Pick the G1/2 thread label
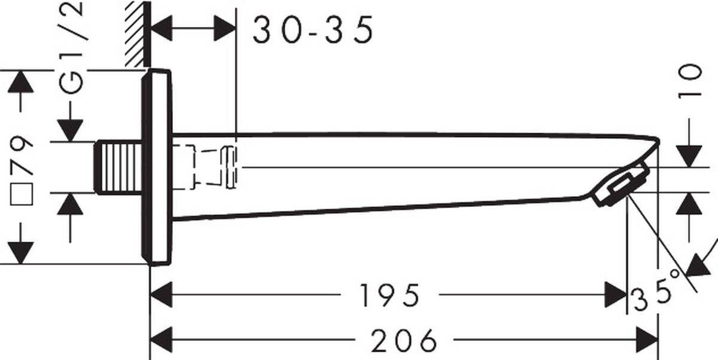click(74, 48)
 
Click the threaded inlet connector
click(120, 167)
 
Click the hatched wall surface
click(136, 33)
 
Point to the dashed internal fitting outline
click(206, 167)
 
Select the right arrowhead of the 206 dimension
click(646, 341)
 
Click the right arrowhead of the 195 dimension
click(615, 295)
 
